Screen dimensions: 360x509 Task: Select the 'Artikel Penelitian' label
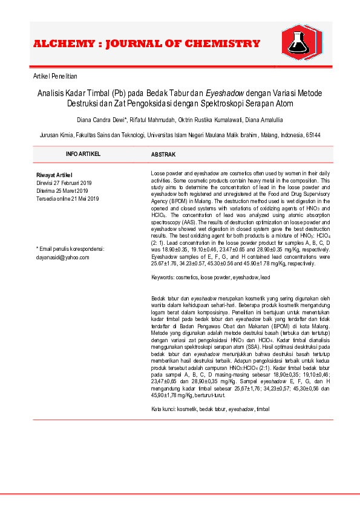pos(55,76)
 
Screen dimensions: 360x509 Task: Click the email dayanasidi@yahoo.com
pos(63,257)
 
